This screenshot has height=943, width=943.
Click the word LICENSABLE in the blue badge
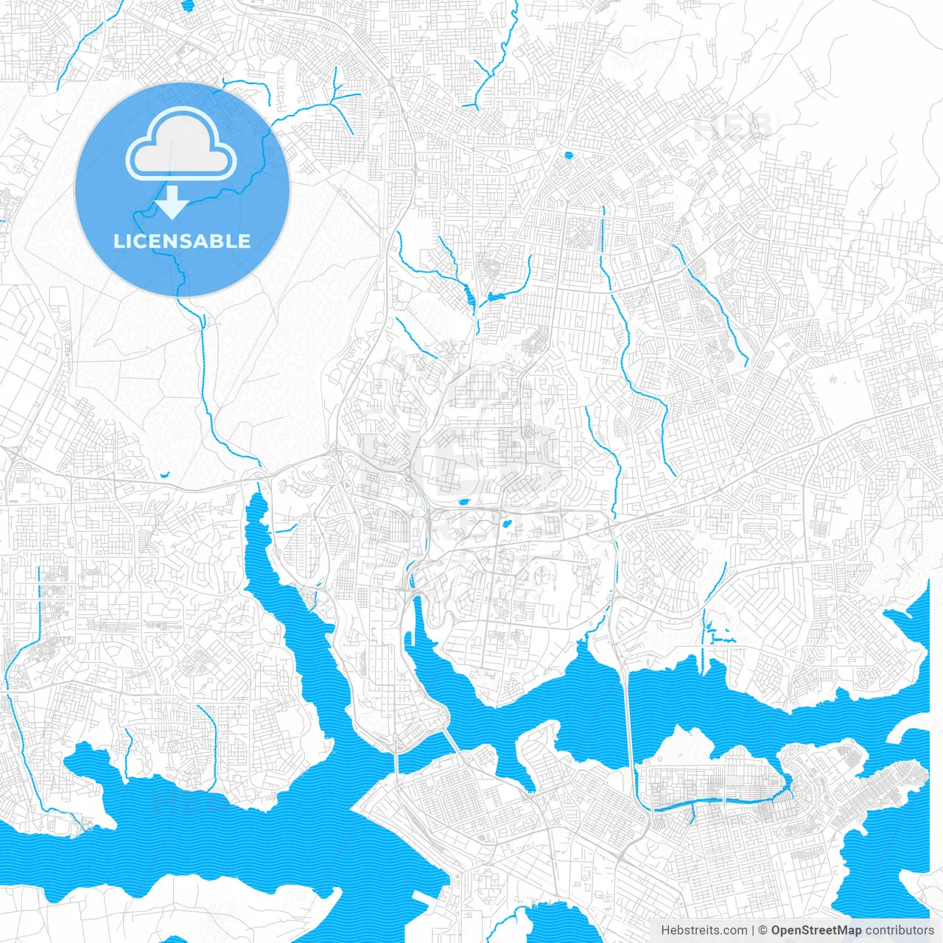coord(182,241)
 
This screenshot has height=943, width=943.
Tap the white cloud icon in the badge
coord(181,144)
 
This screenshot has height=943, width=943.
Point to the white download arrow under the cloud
coord(172,202)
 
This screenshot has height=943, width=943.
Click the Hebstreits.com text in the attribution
coord(704,930)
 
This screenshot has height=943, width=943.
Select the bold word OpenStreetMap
coord(816,930)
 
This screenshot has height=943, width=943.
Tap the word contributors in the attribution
coord(899,930)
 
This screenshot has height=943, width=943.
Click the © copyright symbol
coord(763,930)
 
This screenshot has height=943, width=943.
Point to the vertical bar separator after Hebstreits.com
coord(753,930)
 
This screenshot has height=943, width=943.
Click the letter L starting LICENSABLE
coord(119,241)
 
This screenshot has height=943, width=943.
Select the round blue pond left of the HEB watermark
coord(567,155)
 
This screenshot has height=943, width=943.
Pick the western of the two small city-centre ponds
coord(464,502)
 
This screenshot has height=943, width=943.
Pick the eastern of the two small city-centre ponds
coord(507,525)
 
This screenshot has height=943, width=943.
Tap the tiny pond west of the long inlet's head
coord(164,475)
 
